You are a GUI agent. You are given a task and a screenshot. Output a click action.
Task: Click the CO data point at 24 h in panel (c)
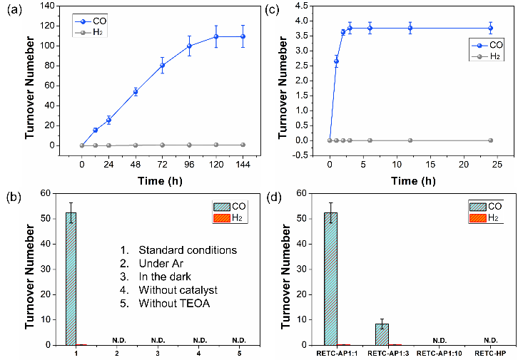tap(490, 29)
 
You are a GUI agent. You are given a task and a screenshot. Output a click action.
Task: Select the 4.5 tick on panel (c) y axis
tap(310, 6)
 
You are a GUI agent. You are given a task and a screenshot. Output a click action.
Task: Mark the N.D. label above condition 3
tap(156, 339)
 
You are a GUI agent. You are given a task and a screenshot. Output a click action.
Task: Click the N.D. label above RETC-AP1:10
tap(439, 339)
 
